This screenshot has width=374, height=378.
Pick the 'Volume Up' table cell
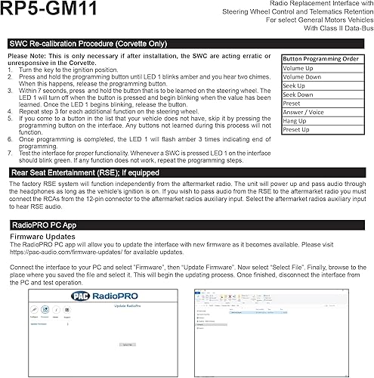click(299, 68)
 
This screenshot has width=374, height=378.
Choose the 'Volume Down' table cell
click(303, 77)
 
